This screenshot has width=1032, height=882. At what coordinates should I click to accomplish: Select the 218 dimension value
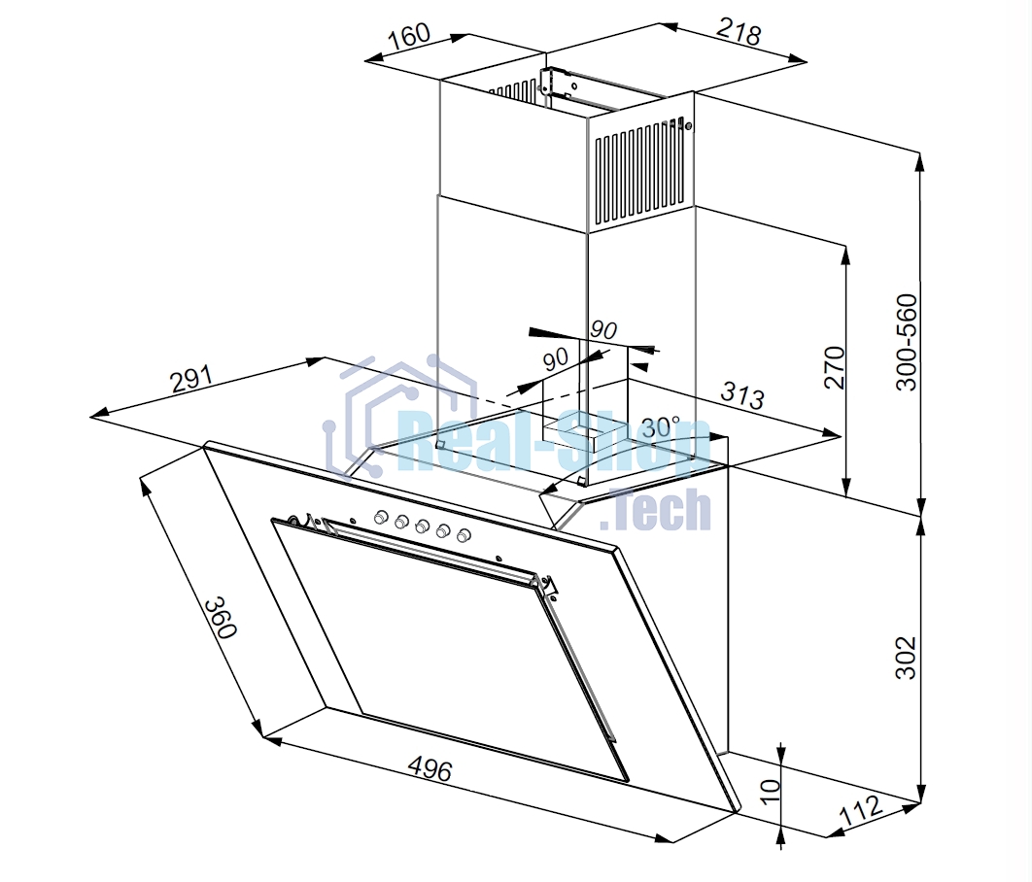[740, 32]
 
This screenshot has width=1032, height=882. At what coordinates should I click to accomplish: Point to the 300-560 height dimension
[907, 342]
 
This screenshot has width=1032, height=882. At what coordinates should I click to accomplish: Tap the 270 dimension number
[834, 367]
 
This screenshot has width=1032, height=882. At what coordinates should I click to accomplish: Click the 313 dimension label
[742, 394]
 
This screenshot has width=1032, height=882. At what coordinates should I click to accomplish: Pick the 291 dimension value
[191, 379]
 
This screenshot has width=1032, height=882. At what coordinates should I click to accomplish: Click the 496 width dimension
[430, 768]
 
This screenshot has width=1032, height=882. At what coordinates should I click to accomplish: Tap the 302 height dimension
[907, 657]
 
